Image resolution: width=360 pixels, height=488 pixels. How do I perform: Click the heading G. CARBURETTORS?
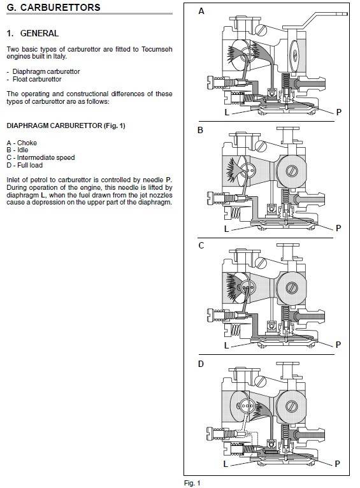point(54,8)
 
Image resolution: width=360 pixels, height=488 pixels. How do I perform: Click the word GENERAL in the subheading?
point(40,33)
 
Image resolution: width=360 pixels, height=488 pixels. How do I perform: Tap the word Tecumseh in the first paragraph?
point(157,49)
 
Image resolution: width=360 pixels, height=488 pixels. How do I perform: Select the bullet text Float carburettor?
point(37,80)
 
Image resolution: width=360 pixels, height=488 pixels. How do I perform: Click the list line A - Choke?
point(22,143)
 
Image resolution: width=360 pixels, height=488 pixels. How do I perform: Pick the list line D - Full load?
point(25,165)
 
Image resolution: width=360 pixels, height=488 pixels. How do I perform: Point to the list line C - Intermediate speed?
point(40,157)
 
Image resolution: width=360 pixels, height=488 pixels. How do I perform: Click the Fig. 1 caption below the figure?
point(192,483)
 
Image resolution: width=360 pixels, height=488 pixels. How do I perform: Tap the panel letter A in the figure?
point(201,11)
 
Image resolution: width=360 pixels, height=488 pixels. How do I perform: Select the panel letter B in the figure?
point(200,130)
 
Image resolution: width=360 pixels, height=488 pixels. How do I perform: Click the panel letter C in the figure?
point(201,245)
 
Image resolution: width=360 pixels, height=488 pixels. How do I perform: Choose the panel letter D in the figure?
point(201,364)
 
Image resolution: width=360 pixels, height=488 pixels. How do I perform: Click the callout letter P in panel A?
point(339,112)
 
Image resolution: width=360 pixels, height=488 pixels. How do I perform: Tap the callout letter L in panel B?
point(227,229)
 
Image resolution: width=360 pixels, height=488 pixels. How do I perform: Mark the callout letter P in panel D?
point(338,464)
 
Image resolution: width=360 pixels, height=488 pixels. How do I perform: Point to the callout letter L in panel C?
point(227,345)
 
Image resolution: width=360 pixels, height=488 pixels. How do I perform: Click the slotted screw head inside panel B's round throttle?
point(292,171)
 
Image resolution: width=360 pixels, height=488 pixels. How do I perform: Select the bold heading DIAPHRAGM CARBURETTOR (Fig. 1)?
point(66,126)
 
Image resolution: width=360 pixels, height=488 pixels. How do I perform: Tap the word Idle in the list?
point(23,150)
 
